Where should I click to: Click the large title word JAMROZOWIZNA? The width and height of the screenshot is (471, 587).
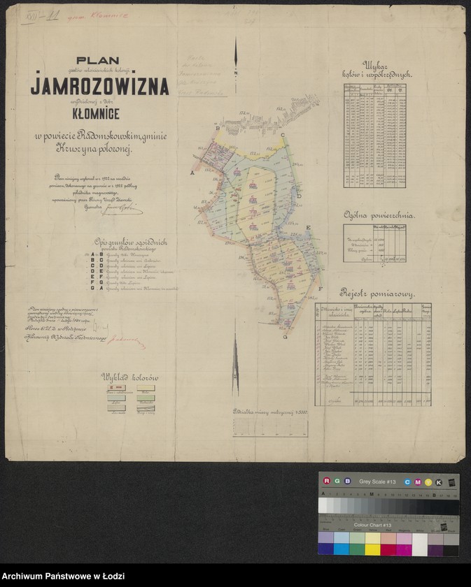(99, 87)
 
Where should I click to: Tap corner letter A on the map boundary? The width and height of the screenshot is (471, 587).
(192, 171)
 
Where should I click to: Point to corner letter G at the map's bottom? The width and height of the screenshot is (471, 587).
(285, 336)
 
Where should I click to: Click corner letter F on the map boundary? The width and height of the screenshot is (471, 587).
(320, 289)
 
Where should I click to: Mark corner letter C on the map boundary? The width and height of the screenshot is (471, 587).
(282, 136)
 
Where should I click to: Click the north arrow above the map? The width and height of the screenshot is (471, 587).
(236, 59)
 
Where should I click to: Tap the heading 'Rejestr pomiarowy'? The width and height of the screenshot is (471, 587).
(379, 293)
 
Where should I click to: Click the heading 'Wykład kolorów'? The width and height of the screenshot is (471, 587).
(129, 377)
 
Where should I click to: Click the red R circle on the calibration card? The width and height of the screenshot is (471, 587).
(326, 481)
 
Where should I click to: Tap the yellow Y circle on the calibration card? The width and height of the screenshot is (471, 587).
(428, 481)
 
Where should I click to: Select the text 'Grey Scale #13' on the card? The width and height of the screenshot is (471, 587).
(378, 481)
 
